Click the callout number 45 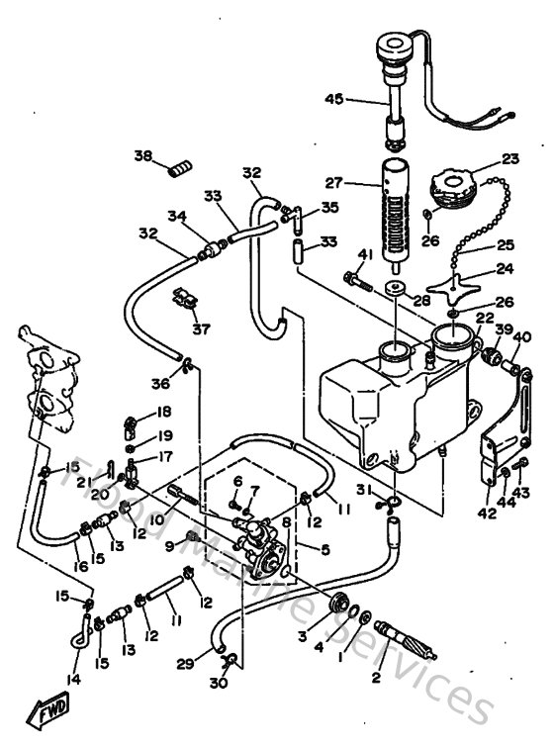[x=333, y=98]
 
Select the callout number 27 [x=334, y=183]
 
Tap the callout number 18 [x=163, y=412]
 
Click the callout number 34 [x=177, y=215]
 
